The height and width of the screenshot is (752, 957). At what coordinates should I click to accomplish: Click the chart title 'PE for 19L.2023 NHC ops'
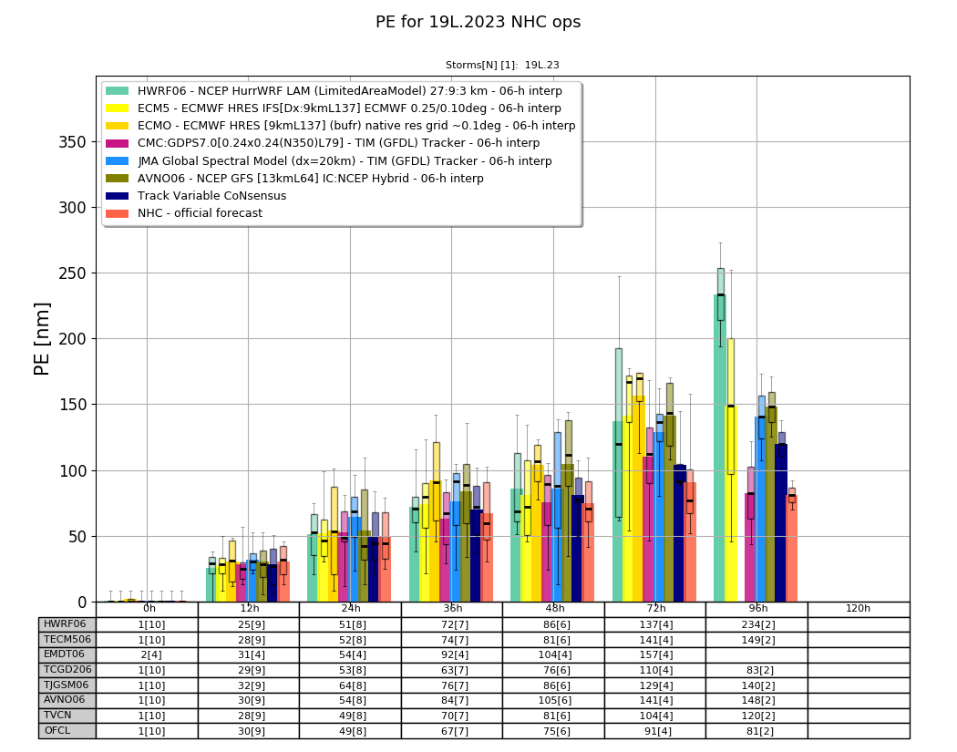tap(478, 22)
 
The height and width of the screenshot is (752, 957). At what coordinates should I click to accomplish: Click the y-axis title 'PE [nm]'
tap(42, 339)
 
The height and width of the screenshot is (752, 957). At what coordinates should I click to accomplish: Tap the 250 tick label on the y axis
tap(72, 273)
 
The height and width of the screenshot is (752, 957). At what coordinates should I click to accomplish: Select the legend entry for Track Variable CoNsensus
tap(196, 196)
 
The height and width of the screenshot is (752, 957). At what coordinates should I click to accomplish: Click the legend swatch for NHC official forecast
tap(118, 213)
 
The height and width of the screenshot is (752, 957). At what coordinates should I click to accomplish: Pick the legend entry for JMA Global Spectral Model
tap(329, 161)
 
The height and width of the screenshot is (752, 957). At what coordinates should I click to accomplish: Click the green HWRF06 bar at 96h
tap(719, 448)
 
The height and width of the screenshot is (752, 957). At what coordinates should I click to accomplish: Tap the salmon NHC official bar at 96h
tap(792, 549)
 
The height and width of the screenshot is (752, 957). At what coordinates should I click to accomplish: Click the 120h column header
tap(858, 609)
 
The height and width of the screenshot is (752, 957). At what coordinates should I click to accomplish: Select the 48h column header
tap(554, 609)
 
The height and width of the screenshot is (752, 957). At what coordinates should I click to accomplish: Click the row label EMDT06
tap(65, 654)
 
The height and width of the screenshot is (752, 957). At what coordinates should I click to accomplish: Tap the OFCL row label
tap(57, 730)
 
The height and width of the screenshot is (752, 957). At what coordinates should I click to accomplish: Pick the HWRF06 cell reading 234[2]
tap(757, 624)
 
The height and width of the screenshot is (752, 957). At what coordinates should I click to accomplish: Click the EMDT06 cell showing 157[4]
tap(655, 655)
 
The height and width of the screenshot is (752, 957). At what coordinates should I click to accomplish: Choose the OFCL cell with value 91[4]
tap(655, 731)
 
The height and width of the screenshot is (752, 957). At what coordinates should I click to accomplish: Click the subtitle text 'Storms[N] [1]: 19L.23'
tap(502, 65)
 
